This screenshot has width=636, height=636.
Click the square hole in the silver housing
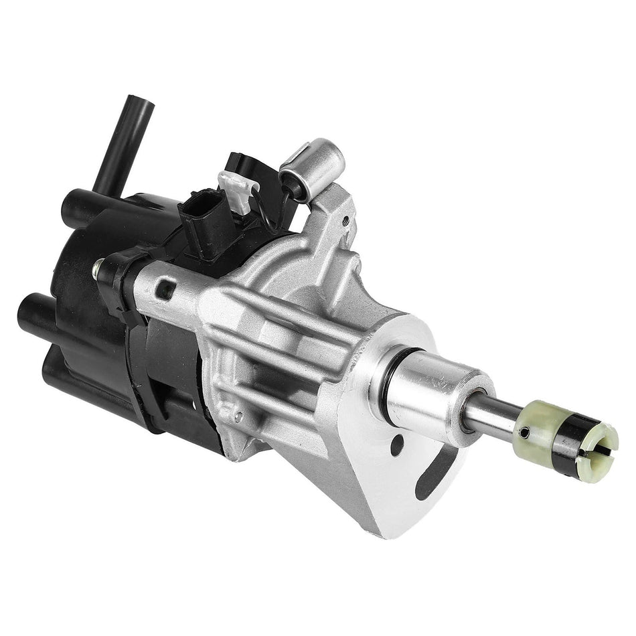(x=164, y=290)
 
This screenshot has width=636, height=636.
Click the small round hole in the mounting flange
(x=397, y=445)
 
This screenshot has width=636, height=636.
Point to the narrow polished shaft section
(x=492, y=418)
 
